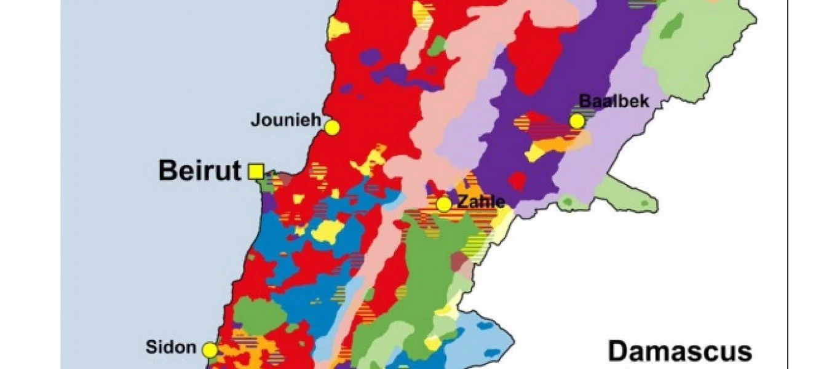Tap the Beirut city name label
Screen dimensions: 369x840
pyautogui.click(x=199, y=170)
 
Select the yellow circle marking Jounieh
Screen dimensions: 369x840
pyautogui.click(x=332, y=128)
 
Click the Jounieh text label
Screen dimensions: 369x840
pyautogui.click(x=285, y=119)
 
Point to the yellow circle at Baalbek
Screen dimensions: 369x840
pyautogui.click(x=577, y=121)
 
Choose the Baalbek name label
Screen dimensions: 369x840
pyautogui.click(x=614, y=101)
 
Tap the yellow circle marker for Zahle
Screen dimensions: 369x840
pyautogui.click(x=443, y=204)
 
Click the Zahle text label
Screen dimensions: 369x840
pyautogui.click(x=481, y=201)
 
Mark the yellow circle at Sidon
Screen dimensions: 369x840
pyautogui.click(x=210, y=350)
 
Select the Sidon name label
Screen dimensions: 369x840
pyautogui.click(x=171, y=347)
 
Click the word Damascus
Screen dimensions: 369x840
pyautogui.click(x=680, y=352)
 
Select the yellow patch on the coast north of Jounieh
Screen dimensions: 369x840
pyautogui.click(x=338, y=28)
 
